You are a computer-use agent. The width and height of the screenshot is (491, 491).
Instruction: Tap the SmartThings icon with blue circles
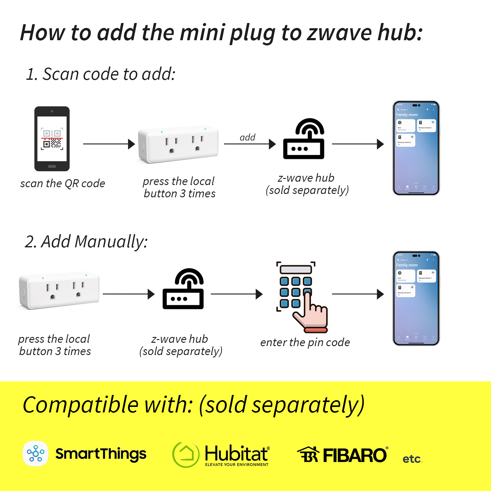coord(36,453)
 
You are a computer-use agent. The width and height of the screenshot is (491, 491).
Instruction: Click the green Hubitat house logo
coord(186,454)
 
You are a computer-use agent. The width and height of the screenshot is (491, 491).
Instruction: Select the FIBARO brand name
coord(355,455)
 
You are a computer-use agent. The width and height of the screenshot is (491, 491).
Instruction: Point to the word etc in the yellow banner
coord(412,459)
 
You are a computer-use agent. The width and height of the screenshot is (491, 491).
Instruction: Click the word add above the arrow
coord(247,137)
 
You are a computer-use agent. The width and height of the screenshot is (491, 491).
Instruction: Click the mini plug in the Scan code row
coord(178,144)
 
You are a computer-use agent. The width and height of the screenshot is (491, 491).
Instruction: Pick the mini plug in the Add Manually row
coord(59,290)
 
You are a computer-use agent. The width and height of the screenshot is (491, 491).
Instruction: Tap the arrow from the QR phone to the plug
coord(109,144)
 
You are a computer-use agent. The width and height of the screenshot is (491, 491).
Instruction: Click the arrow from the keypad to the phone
coord(358,294)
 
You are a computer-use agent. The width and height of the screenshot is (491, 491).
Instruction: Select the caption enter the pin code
coord(305,342)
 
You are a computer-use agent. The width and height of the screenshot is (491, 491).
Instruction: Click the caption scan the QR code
coord(63,184)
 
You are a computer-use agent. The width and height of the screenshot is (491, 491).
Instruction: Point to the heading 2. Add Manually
coord(86,242)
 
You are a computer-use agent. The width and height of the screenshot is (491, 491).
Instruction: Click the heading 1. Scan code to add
coord(101,74)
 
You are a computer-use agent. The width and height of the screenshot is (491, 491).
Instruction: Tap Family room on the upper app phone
coord(407,115)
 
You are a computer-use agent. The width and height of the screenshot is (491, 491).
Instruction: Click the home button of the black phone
coord(52,166)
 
